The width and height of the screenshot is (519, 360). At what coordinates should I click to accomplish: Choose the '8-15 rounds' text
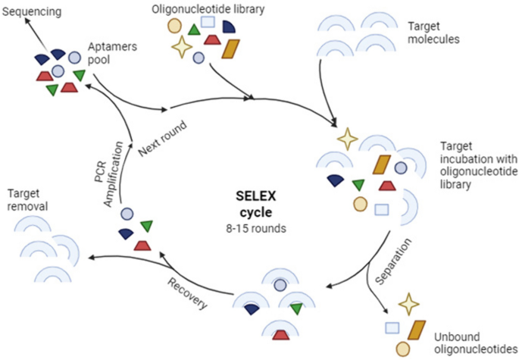(260, 225)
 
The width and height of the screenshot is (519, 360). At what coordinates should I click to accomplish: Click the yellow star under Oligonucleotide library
(181, 48)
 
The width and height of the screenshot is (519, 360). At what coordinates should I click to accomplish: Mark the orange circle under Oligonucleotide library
(174, 24)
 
